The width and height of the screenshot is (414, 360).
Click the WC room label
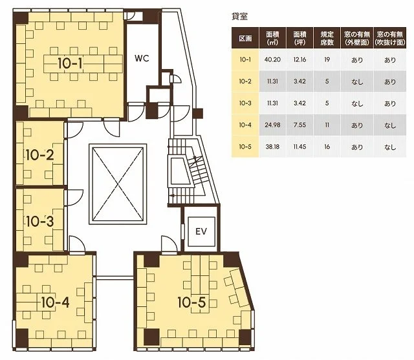coord(142,58)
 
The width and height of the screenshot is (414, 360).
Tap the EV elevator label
coord(201,231)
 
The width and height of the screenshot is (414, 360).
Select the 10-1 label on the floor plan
coord(70,63)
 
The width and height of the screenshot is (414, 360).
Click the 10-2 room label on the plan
coord(40,154)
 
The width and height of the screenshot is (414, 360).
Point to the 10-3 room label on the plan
coord(40,221)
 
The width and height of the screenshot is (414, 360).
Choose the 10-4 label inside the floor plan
coord(56,302)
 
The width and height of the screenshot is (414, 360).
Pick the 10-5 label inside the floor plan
coord(191,302)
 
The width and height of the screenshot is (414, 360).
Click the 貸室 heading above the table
coord(239,16)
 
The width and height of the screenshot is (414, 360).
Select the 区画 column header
coord(245,38)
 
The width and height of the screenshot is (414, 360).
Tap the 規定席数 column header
coord(327,38)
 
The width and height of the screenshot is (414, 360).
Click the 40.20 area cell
coord(272,59)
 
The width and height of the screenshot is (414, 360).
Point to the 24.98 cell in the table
coord(272,125)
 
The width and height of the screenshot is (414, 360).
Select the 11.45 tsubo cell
coord(300,146)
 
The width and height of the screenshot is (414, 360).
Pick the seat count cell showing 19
coord(327,59)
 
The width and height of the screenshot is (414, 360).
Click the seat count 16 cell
coord(327,146)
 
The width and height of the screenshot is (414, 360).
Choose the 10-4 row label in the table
coord(245,125)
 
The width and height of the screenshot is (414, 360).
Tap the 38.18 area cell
coord(272,146)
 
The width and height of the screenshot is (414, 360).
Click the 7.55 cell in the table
coord(300,125)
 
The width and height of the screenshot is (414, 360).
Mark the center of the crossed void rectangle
coord(118,184)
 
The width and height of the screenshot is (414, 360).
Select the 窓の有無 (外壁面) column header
coord(357,38)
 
